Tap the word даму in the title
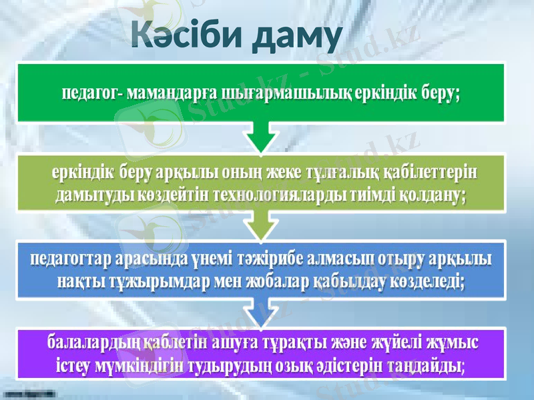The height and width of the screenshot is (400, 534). pos(297,37)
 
